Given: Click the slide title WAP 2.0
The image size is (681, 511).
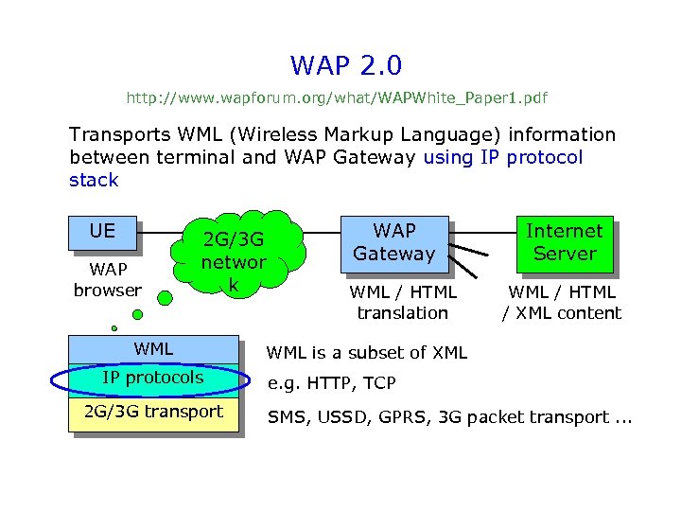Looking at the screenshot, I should (x=346, y=65).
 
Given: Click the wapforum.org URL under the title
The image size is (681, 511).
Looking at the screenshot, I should (x=337, y=97).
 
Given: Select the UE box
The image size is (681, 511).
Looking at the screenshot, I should (x=102, y=232).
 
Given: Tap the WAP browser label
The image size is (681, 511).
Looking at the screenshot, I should (x=108, y=280).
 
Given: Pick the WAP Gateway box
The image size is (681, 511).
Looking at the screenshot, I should (x=394, y=242).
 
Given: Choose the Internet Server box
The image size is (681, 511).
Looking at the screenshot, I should (x=564, y=242).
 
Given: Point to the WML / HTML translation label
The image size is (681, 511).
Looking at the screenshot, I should (x=403, y=303).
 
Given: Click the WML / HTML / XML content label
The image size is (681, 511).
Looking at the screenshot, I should (x=562, y=303).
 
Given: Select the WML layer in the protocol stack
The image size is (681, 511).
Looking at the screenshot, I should (x=153, y=349).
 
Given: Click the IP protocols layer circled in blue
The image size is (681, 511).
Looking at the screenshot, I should (x=153, y=379).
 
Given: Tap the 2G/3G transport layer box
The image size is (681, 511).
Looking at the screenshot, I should (x=153, y=412).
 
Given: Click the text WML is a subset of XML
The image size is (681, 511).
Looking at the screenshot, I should (x=367, y=353).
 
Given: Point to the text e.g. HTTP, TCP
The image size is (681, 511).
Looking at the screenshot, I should (x=332, y=383).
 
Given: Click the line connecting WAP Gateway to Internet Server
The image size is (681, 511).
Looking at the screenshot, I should (x=481, y=232).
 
